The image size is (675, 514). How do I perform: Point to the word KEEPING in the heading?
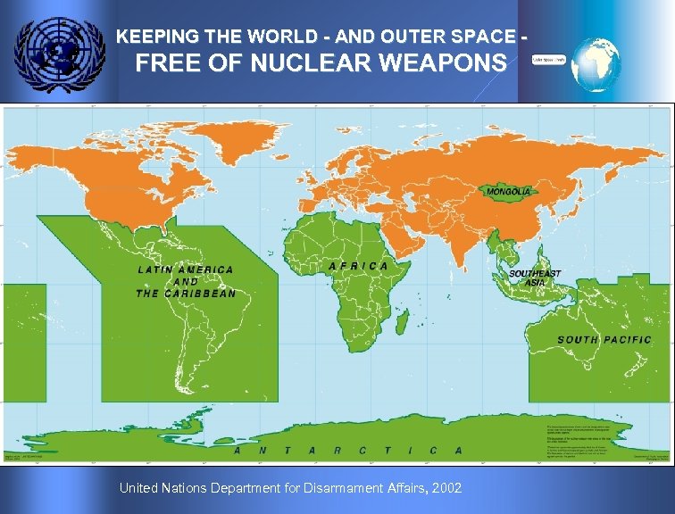click(153, 37)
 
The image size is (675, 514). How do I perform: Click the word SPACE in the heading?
click(483, 37)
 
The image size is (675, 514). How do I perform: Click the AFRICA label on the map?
click(358, 266)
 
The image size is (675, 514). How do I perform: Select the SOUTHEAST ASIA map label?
click(535, 278)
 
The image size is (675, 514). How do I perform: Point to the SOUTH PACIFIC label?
click(604, 339)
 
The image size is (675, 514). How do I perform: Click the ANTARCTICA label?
click(347, 451)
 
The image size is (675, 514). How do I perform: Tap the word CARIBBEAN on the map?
click(201, 294)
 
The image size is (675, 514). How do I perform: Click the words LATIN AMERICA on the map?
click(186, 269)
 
